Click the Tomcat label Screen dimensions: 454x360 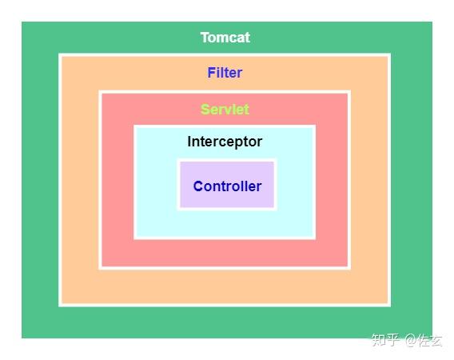[x=225, y=38]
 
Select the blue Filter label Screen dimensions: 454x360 [x=225, y=73]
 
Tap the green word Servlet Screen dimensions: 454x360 [x=225, y=110]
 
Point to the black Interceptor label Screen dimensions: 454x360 [x=225, y=142]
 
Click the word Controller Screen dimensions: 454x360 [x=227, y=186]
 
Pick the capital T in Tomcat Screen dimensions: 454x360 [x=205, y=38]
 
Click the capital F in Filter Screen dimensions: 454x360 [x=211, y=73]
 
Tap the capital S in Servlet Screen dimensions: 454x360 [x=205, y=110]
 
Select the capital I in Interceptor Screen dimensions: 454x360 [x=189, y=142]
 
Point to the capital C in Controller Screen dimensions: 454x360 [x=198, y=186]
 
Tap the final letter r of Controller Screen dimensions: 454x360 [x=259, y=187]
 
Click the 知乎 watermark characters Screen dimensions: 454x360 [x=385, y=340]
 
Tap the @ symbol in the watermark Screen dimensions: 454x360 [x=412, y=340]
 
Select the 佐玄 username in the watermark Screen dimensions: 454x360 [x=431, y=340]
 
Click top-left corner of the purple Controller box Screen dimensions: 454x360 [x=180, y=162]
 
